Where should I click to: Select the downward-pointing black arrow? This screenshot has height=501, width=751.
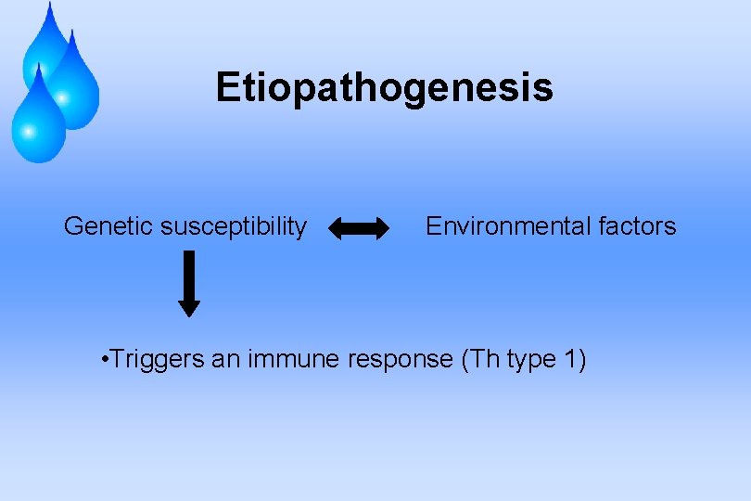tap(189, 283)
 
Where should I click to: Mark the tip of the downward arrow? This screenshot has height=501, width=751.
tap(189, 314)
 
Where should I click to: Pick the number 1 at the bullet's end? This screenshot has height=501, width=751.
tap(570, 360)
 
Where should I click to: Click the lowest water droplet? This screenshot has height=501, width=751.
tap(38, 121)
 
